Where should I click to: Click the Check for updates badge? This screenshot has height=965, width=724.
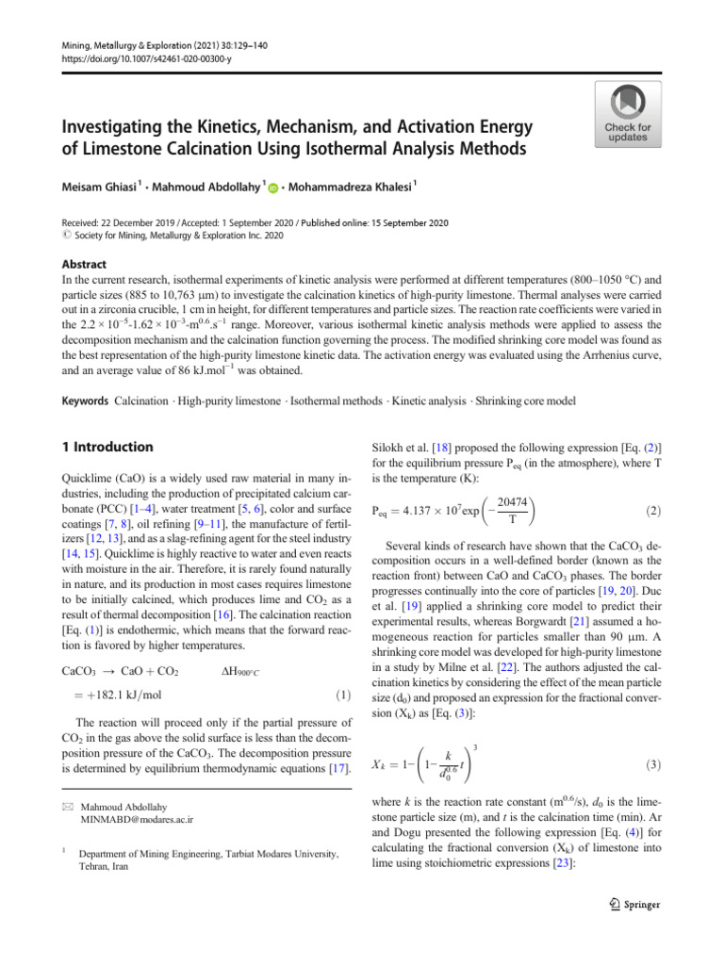pyautogui.click(x=628, y=114)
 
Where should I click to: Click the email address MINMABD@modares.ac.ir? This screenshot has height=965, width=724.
pyautogui.click(x=137, y=820)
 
